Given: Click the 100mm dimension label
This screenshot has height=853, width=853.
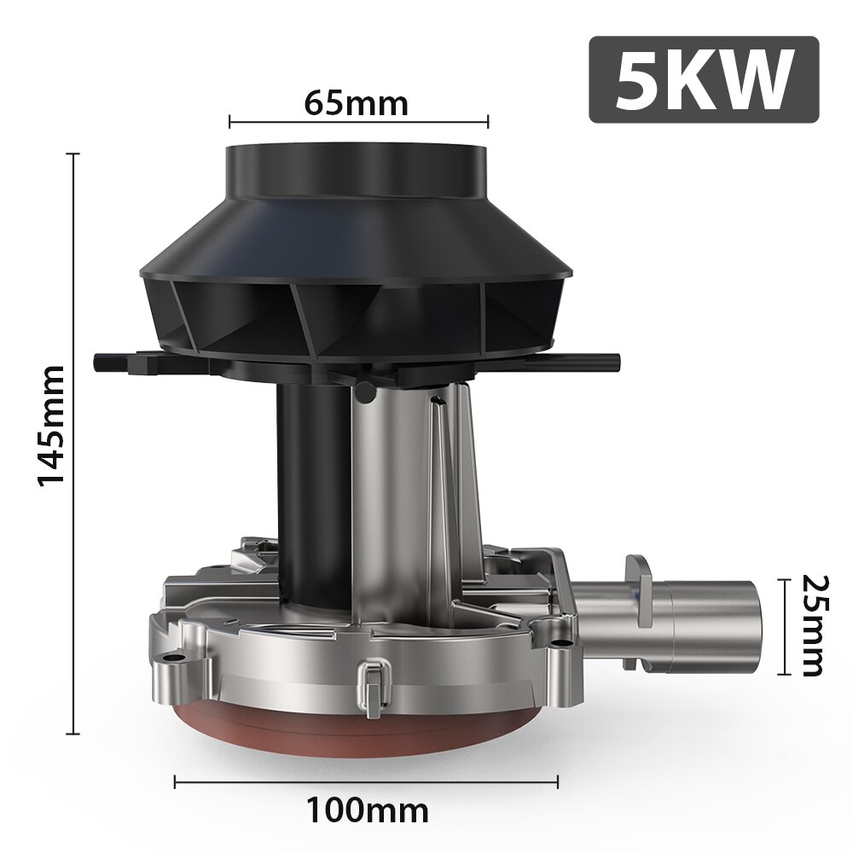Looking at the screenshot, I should (x=367, y=806).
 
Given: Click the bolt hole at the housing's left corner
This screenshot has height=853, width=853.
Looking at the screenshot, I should (x=177, y=659).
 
